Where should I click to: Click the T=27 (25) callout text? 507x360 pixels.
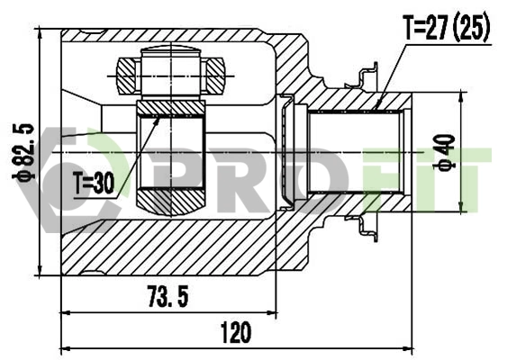tap(448, 30)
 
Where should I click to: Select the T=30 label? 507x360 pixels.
tap(94, 184)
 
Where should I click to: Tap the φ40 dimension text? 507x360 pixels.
tap(443, 152)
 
